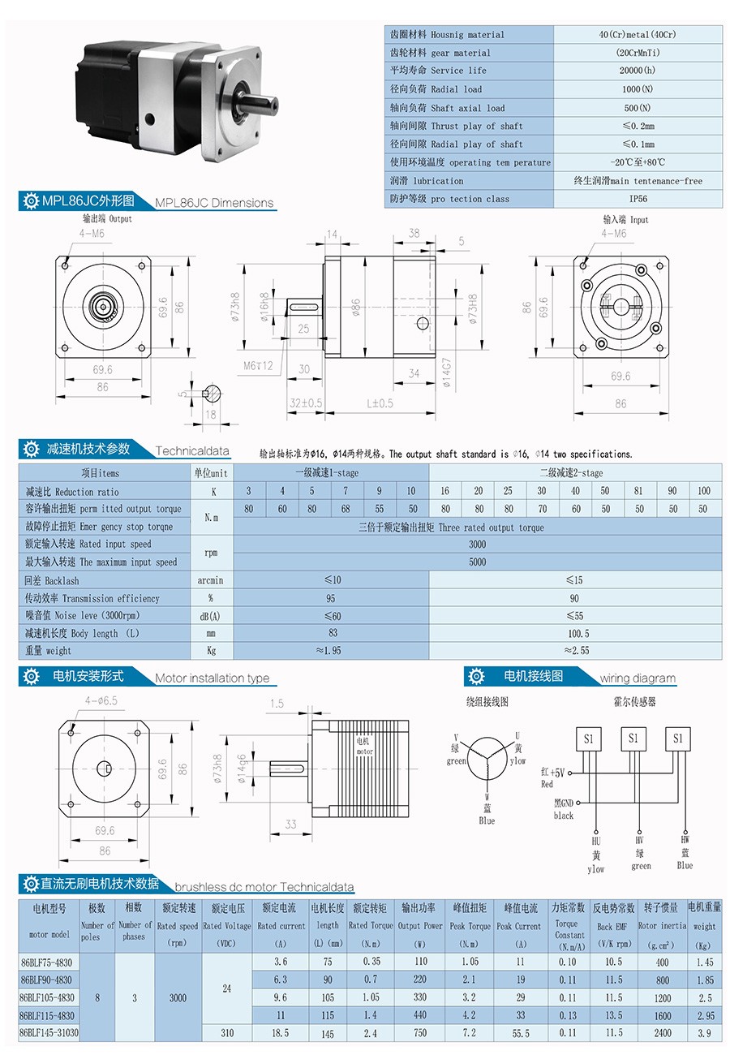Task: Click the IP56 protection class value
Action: (638, 199)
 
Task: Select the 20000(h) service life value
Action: (638, 71)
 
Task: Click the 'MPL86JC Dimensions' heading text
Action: (214, 203)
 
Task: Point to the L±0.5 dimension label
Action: (380, 403)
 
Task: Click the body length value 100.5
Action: (575, 633)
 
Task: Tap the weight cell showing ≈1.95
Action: (331, 650)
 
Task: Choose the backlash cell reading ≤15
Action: (575, 580)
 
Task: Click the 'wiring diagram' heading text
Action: (638, 678)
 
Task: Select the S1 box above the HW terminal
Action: (677, 738)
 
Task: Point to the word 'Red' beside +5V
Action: (547, 784)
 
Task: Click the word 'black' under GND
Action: (563, 815)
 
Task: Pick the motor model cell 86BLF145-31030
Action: (50, 1032)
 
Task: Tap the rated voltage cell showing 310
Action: (227, 1032)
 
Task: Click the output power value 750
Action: (420, 1032)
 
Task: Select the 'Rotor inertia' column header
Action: (663, 925)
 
